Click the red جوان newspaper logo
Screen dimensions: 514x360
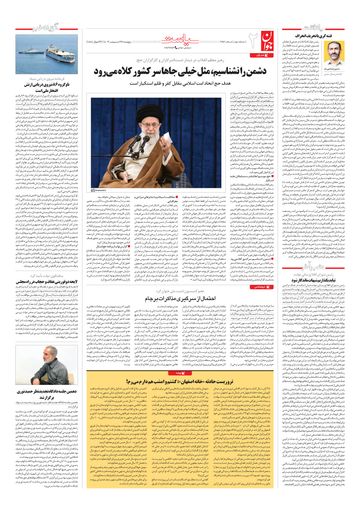(266, 40)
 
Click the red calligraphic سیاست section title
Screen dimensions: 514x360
(180, 40)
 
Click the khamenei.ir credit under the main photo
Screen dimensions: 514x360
(98, 190)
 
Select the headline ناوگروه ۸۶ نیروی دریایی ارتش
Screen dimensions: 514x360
(47, 87)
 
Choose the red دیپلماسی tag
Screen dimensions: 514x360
(261, 287)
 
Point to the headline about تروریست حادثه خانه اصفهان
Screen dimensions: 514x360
(180, 381)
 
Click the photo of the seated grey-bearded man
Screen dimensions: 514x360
(46, 365)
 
